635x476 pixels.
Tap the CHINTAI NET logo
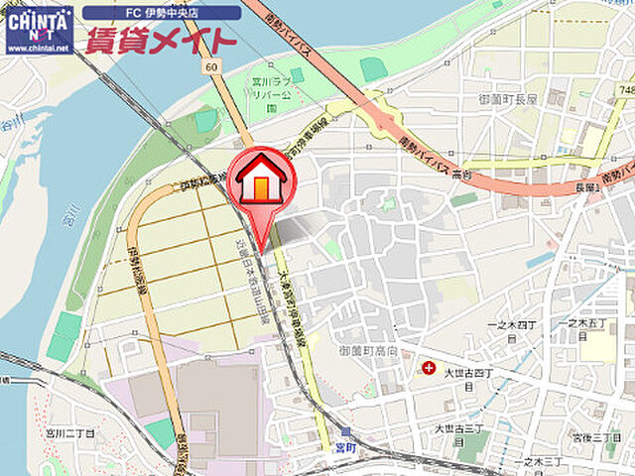coord(38,21)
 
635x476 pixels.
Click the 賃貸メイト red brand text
coord(160,41)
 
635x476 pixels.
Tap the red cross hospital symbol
coord(428,367)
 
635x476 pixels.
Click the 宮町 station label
coord(344,447)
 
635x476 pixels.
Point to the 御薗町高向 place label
coord(368,351)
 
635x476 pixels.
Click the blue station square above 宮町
coord(344,431)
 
